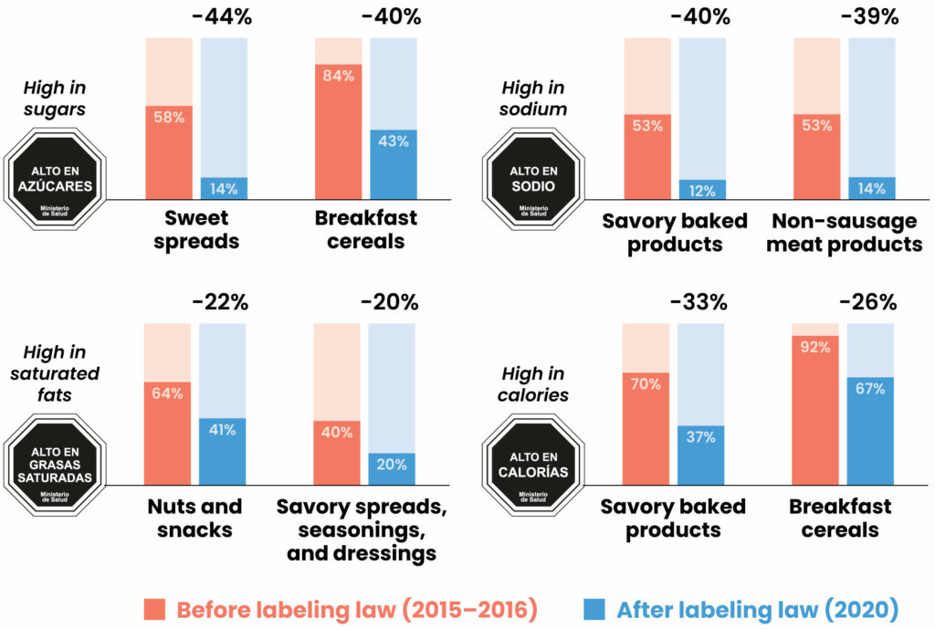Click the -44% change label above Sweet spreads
coord(221,17)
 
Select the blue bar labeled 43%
coord(393,164)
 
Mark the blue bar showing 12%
coord(702,190)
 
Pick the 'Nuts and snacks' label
coord(195,518)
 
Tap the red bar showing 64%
coord(168,433)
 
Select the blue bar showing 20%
coord(392,468)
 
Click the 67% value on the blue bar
coord(870,389)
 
